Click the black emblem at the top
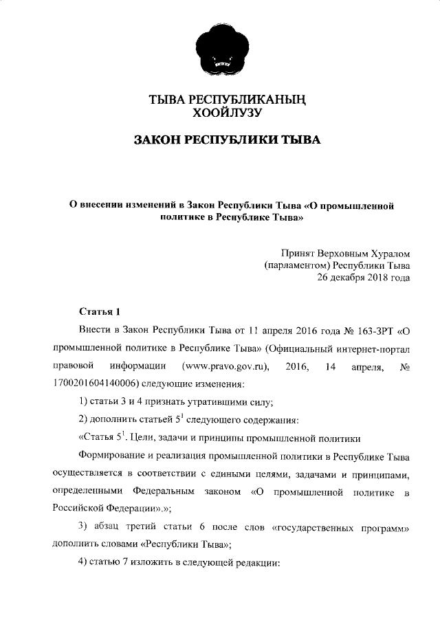pos(220,43)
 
